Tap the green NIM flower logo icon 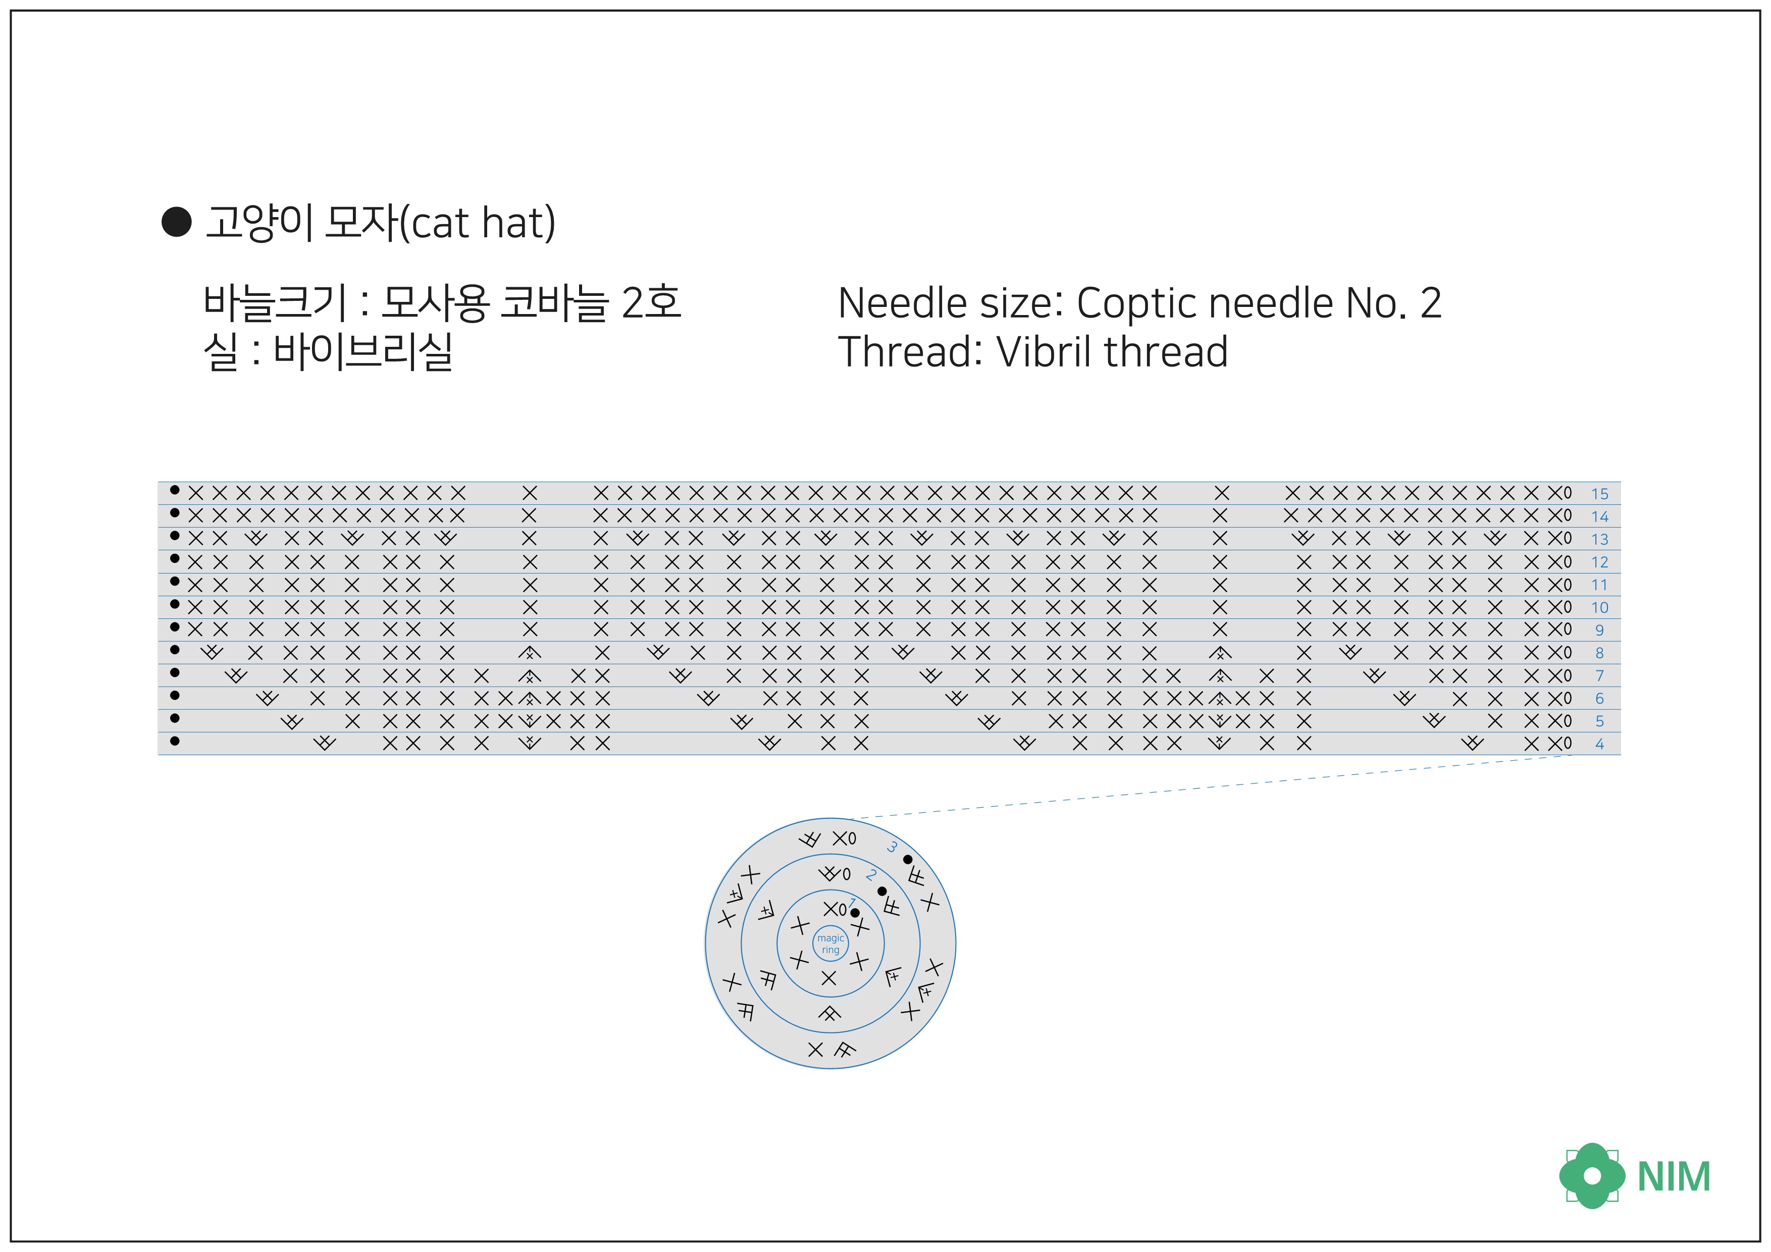tap(1591, 1176)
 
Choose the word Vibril tap(1045, 352)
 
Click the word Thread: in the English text tap(909, 352)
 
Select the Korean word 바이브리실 tap(362, 352)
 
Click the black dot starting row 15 tap(175, 490)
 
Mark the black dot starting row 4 tap(175, 741)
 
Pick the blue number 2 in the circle tap(871, 875)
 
